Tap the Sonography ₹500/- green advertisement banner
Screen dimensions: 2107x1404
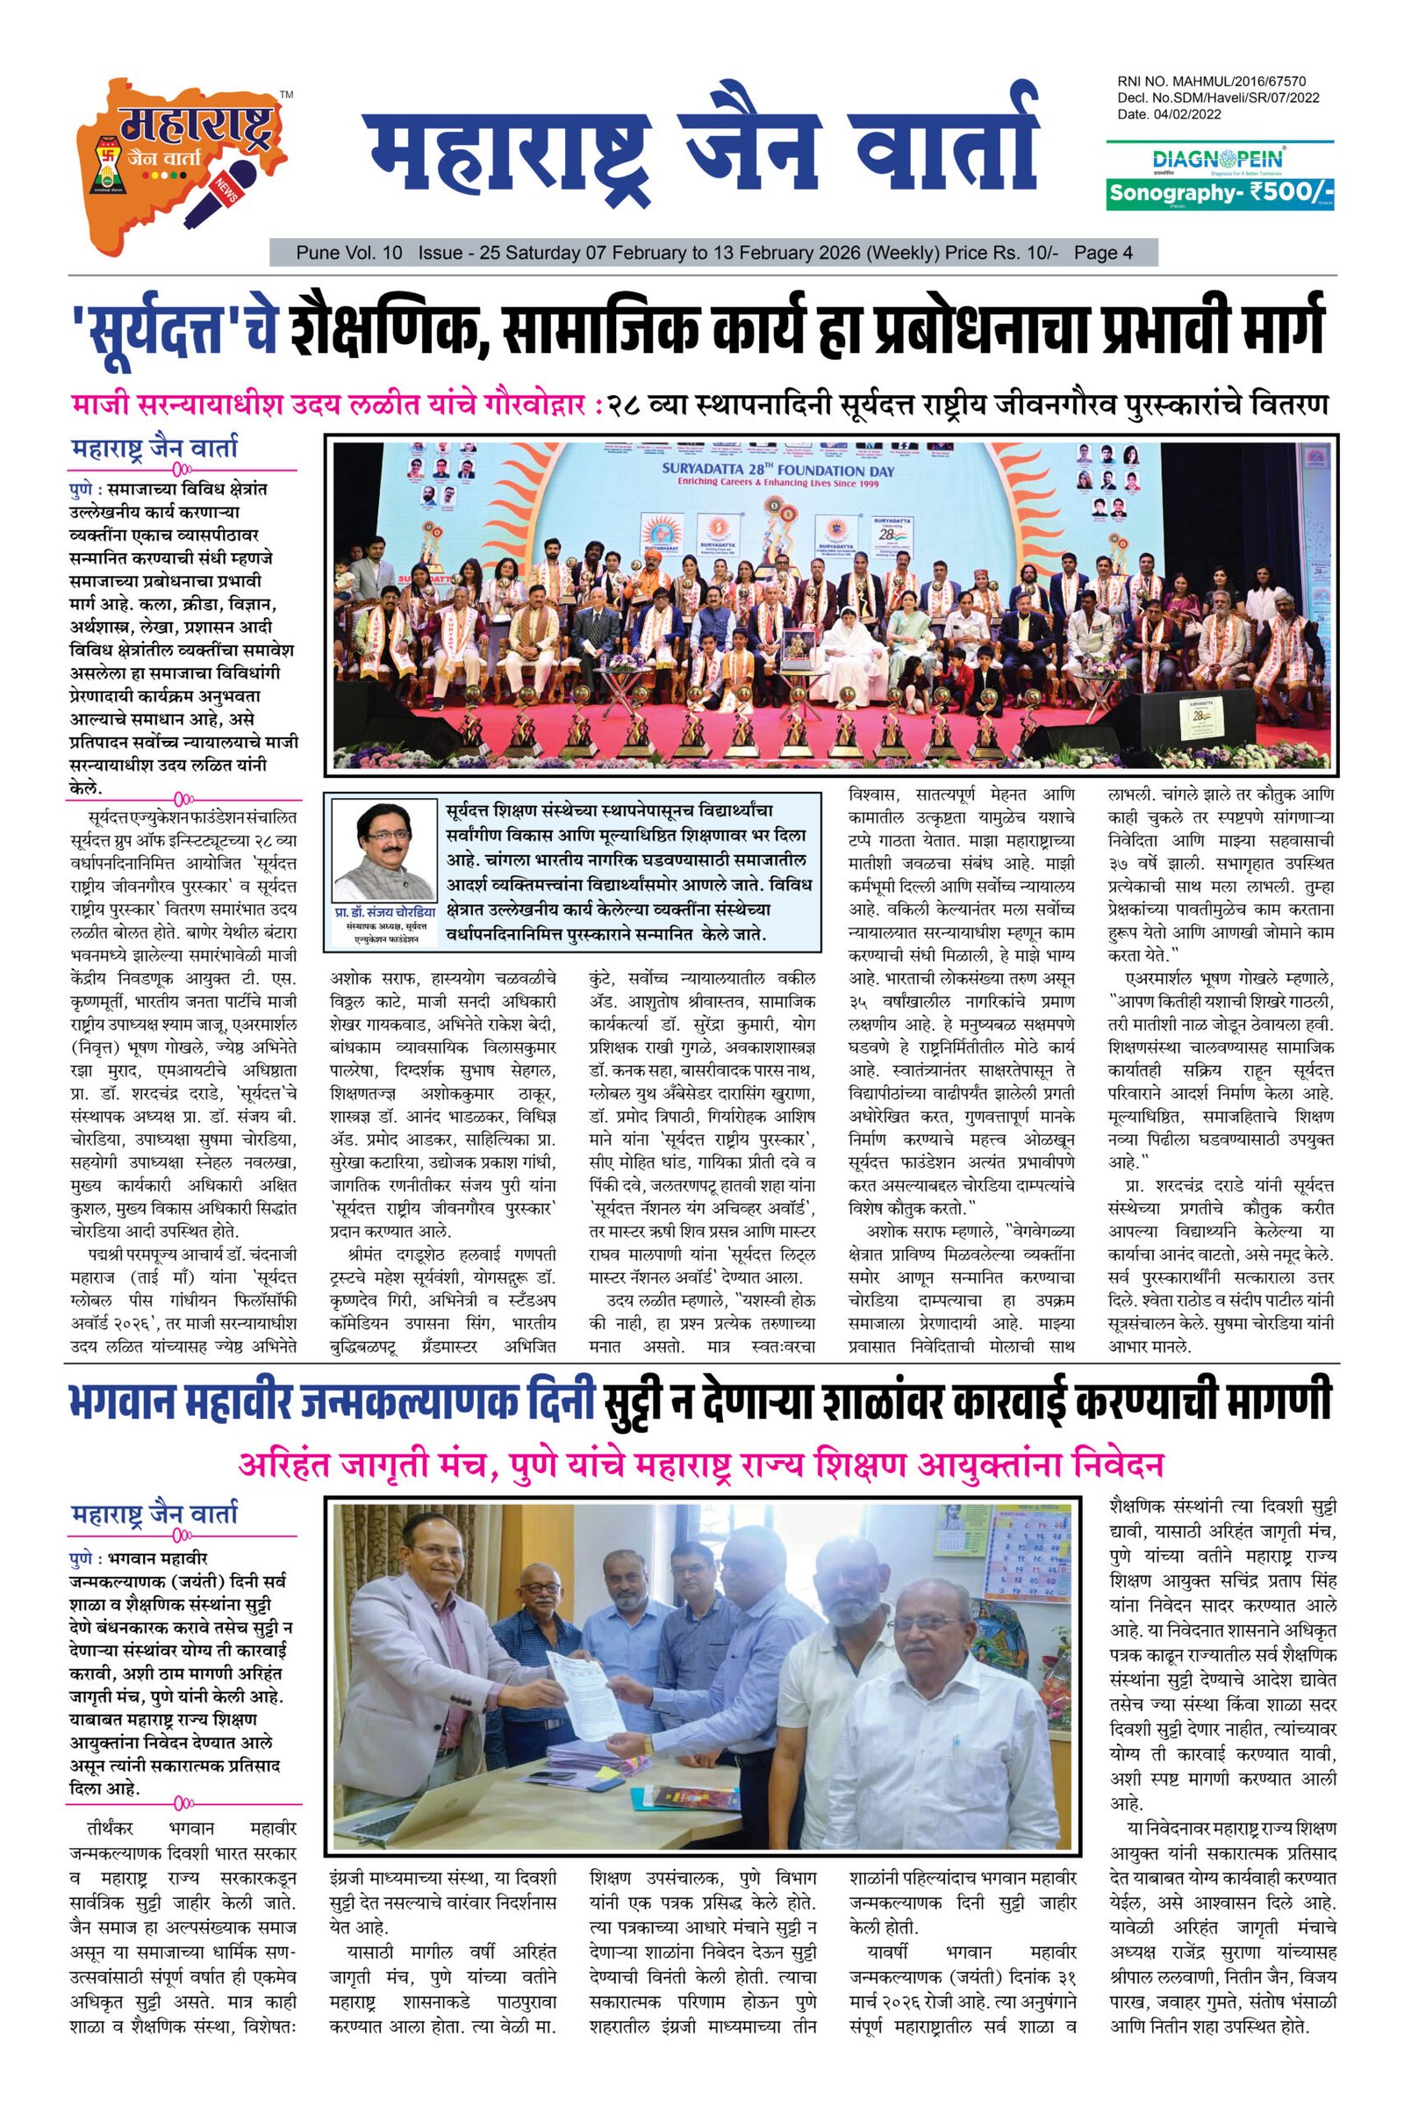click(x=1221, y=192)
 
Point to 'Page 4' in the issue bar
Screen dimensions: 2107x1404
click(x=1103, y=254)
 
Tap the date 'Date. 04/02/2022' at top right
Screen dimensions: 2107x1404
click(x=1170, y=115)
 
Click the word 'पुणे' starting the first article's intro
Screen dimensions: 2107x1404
click(x=86, y=491)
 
